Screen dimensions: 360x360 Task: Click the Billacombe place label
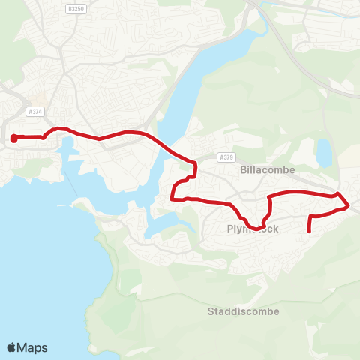point(268,169)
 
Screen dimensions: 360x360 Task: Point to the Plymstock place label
point(252,229)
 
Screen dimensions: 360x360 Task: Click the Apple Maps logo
point(27,347)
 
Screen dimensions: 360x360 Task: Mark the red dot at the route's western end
point(14,138)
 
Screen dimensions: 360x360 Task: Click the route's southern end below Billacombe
point(310,232)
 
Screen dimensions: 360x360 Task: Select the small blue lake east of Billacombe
point(324,152)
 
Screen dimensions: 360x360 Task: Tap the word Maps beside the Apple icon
point(33,347)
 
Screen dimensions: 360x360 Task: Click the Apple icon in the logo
point(11,347)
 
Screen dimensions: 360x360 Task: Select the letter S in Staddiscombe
point(211,311)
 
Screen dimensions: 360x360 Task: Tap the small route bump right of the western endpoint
point(44,136)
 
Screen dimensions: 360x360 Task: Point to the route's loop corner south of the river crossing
point(173,199)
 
